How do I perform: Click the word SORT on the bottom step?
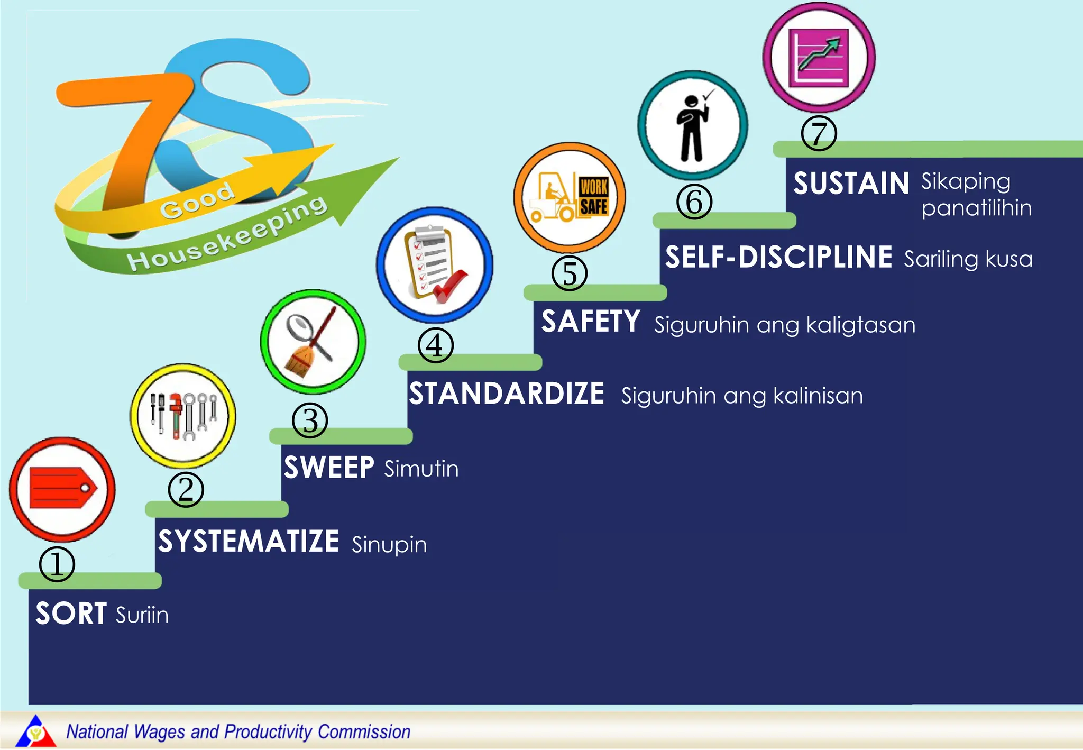point(71,614)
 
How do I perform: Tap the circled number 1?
point(57,564)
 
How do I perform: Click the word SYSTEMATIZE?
point(249,541)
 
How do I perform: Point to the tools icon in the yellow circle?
point(183,416)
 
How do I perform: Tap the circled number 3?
point(310,421)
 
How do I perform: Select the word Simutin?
point(421,469)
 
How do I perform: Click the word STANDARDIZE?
point(507,394)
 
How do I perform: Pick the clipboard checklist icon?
point(435,264)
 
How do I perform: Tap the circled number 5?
point(569,273)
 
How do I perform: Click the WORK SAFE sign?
point(593,197)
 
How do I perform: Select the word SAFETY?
point(591,322)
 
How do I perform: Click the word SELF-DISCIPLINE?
point(778,258)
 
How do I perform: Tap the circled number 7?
point(819,134)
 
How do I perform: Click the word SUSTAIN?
point(851,184)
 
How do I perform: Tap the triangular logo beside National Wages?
point(35,731)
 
